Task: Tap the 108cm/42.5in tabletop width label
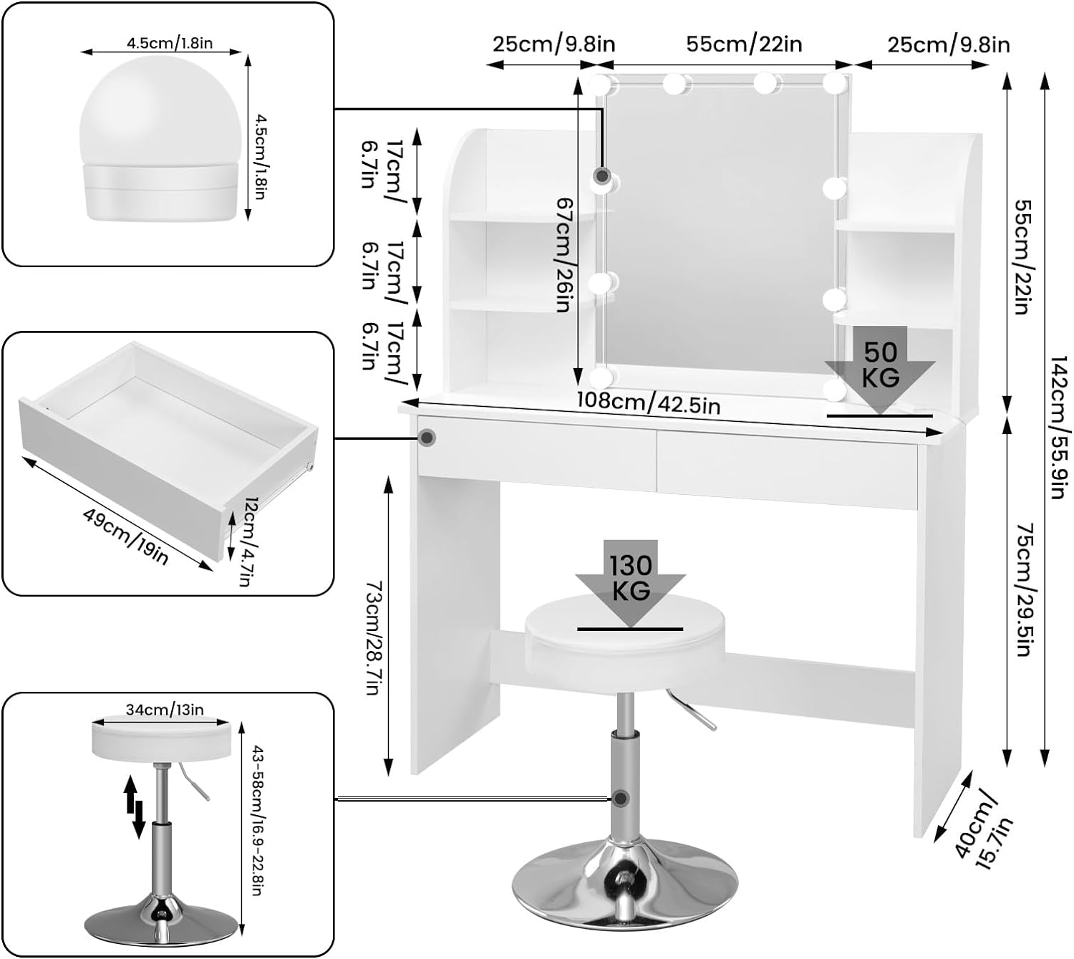[x=649, y=403]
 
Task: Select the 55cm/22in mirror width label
[x=744, y=44]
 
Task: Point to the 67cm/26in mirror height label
[x=565, y=254]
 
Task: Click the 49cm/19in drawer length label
[x=125, y=536]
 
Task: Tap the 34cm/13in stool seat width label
[x=165, y=710]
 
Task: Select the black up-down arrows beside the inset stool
[x=134, y=806]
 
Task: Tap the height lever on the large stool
[x=692, y=710]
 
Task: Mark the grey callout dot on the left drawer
[x=427, y=437]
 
